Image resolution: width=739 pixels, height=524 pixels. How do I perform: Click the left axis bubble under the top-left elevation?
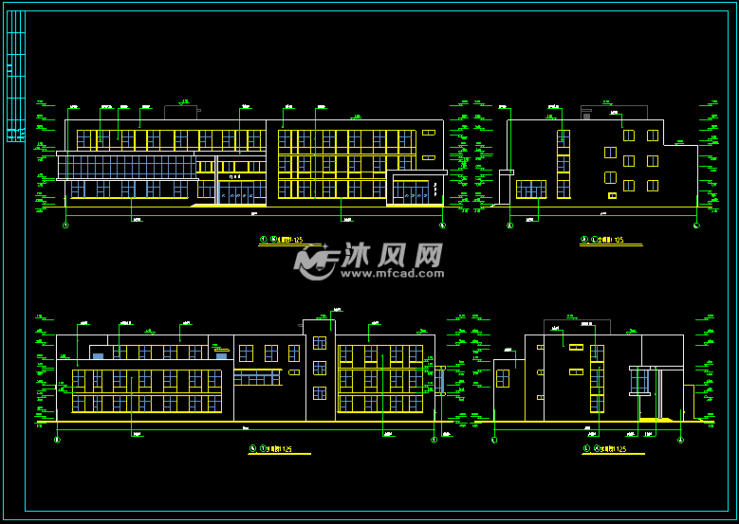(65, 226)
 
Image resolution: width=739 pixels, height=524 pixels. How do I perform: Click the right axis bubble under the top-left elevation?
(442, 226)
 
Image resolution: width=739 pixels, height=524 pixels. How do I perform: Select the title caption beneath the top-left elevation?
(283, 242)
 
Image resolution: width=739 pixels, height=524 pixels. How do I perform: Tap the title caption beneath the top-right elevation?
(602, 242)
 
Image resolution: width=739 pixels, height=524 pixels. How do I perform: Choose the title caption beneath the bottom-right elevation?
(604, 449)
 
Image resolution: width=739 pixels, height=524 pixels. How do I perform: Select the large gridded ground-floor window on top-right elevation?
(530, 190)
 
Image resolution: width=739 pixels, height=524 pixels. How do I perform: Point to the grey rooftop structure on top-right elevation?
(586, 112)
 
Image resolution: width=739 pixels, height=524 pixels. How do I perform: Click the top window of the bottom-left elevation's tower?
(320, 343)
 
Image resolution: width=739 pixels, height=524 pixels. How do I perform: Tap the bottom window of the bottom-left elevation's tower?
(320, 392)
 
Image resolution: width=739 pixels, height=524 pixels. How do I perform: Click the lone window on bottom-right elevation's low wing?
(502, 378)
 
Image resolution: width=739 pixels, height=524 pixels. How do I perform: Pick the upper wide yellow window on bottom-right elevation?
(575, 348)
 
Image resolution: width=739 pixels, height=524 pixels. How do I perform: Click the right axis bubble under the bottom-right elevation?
(681, 440)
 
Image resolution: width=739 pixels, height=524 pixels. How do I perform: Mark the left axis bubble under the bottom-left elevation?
(58, 440)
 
